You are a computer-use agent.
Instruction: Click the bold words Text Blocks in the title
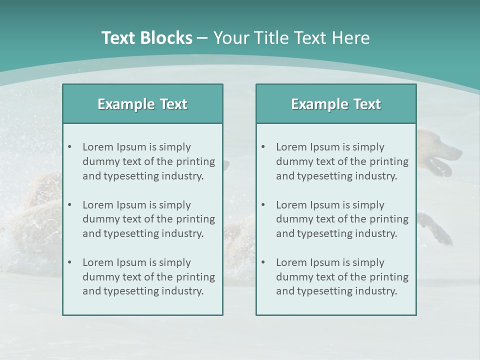[x=146, y=38]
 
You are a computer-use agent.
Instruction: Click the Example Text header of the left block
[x=142, y=104]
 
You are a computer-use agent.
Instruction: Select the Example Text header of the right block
[x=336, y=104]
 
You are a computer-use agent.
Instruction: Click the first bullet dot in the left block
[x=69, y=147]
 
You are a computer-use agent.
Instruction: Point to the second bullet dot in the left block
[x=69, y=205]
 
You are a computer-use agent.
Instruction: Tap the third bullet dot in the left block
[x=69, y=262]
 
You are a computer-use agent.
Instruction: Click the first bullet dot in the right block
[x=263, y=147]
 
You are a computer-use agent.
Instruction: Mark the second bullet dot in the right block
[x=263, y=205]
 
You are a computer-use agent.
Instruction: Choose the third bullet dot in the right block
[x=263, y=262]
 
